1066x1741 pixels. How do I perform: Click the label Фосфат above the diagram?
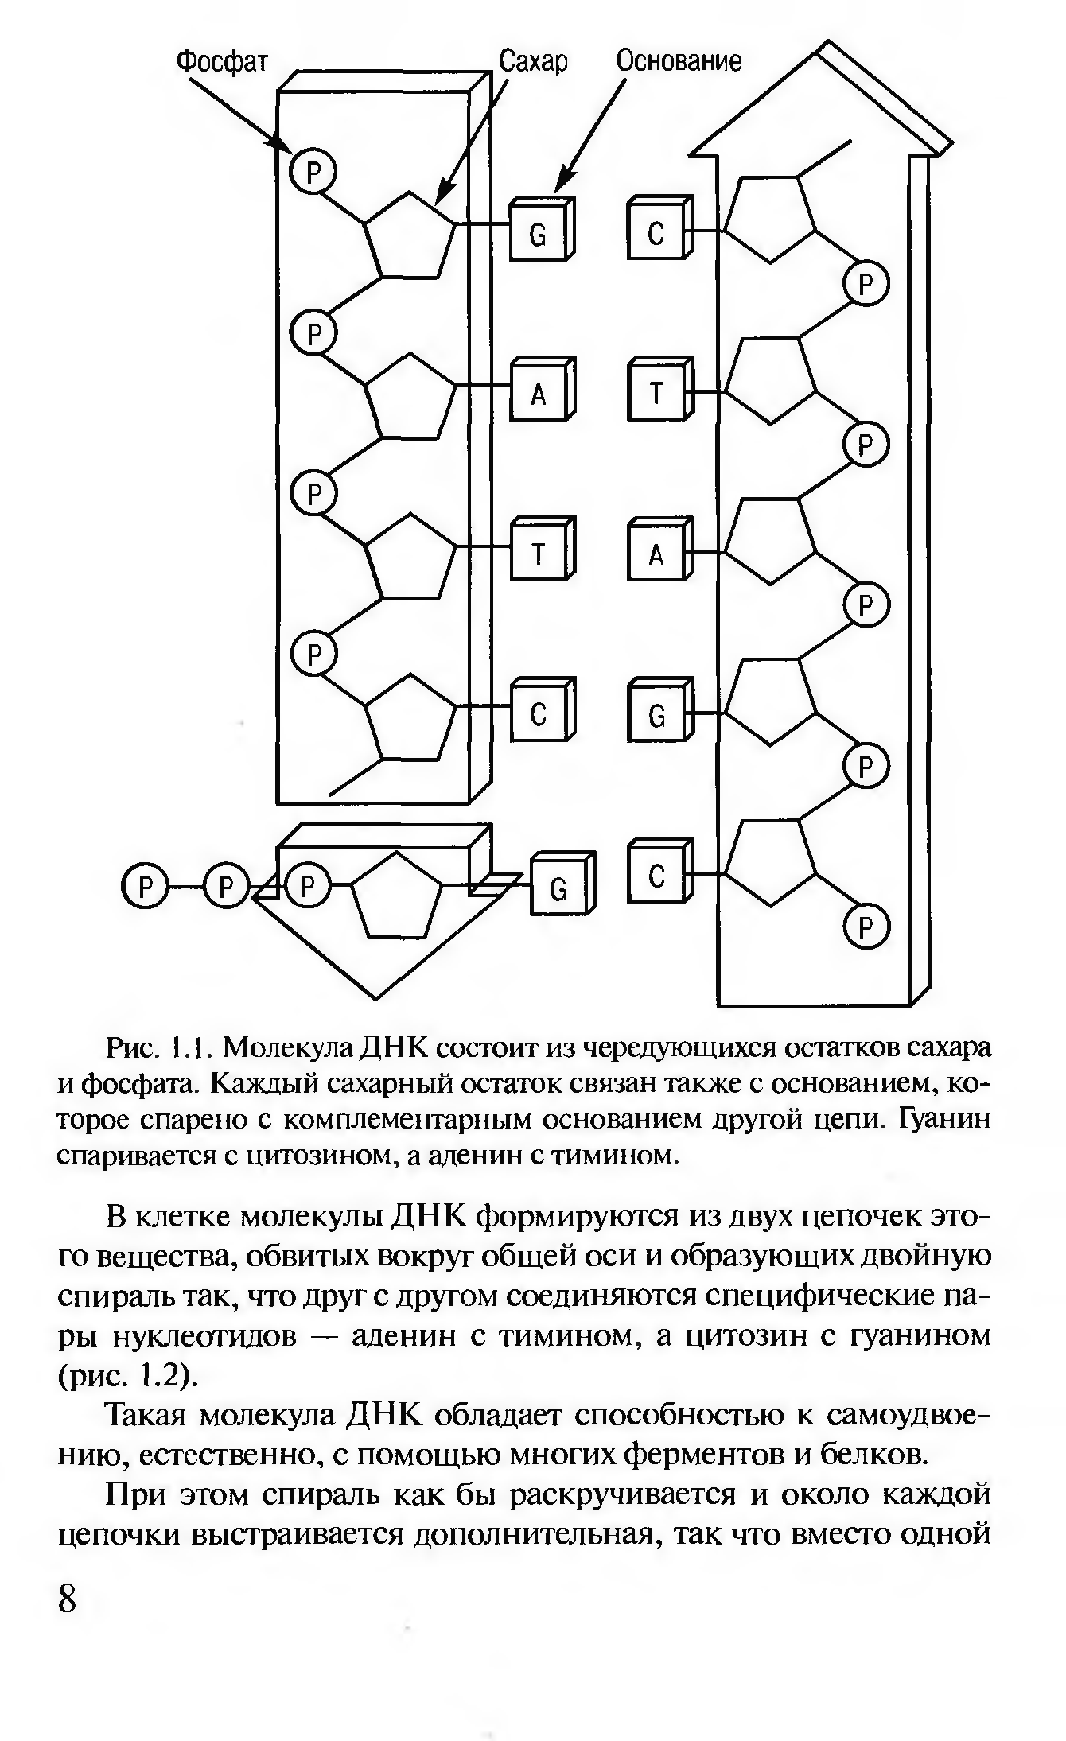point(222,61)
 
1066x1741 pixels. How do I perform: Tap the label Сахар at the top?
point(532,61)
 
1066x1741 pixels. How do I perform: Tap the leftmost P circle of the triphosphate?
point(145,887)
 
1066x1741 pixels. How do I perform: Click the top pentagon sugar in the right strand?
point(769,217)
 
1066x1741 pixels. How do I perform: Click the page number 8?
point(68,1598)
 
